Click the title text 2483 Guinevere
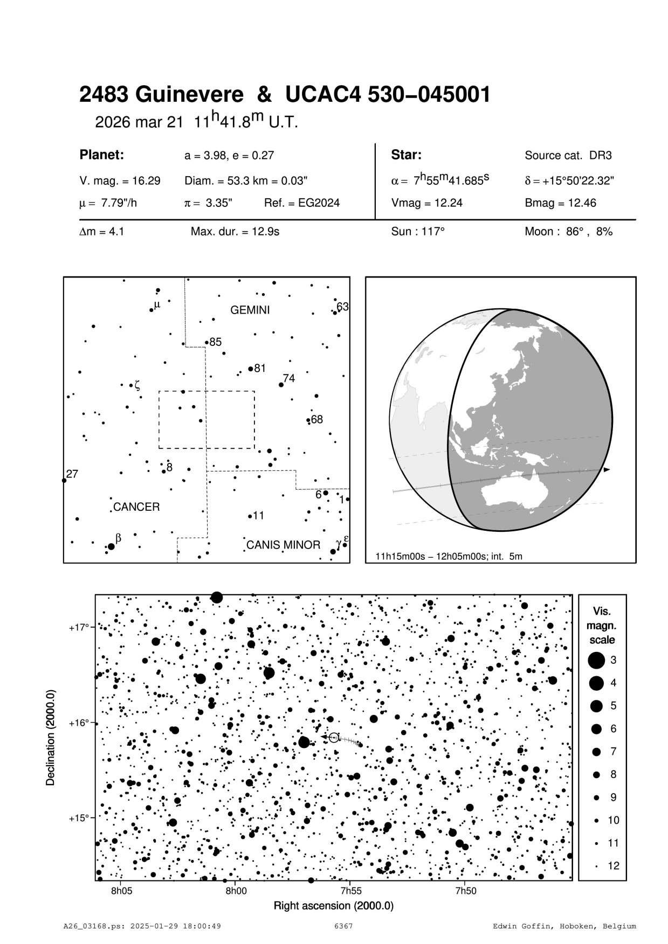click(x=161, y=95)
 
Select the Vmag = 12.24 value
click(x=426, y=203)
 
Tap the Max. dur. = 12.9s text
click(x=235, y=232)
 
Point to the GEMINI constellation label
click(x=250, y=310)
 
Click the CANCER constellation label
click(x=136, y=507)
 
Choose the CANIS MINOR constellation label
click(x=283, y=545)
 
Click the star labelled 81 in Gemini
click(x=251, y=369)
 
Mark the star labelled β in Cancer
click(x=111, y=546)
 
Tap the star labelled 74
click(x=281, y=385)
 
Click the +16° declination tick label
click(x=79, y=723)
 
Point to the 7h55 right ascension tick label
click(x=351, y=891)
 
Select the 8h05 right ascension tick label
click(x=121, y=891)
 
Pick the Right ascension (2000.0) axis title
click(x=334, y=905)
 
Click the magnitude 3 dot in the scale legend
click(x=596, y=660)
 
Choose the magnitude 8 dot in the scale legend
click(x=596, y=774)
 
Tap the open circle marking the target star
click(x=334, y=737)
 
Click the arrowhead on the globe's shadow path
click(x=607, y=470)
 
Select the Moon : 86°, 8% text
click(x=568, y=232)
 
